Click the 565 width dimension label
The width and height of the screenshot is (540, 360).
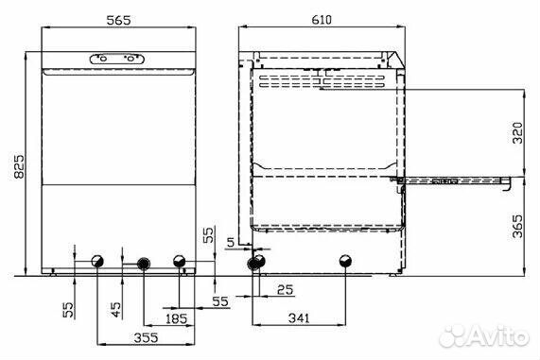coord(118,20)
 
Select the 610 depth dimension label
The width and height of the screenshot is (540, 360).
coord(322,20)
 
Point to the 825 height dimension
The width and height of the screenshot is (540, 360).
coord(19,167)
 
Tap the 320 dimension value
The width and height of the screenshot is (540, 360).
coord(517,133)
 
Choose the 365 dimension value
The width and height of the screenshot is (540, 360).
coord(517,226)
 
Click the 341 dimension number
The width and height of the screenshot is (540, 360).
coord(299,318)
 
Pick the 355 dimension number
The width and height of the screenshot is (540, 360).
coord(146,337)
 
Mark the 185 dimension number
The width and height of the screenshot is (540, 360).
coord(176,318)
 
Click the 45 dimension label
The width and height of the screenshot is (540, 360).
coord(116,309)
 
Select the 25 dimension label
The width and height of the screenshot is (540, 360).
coord(286,290)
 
